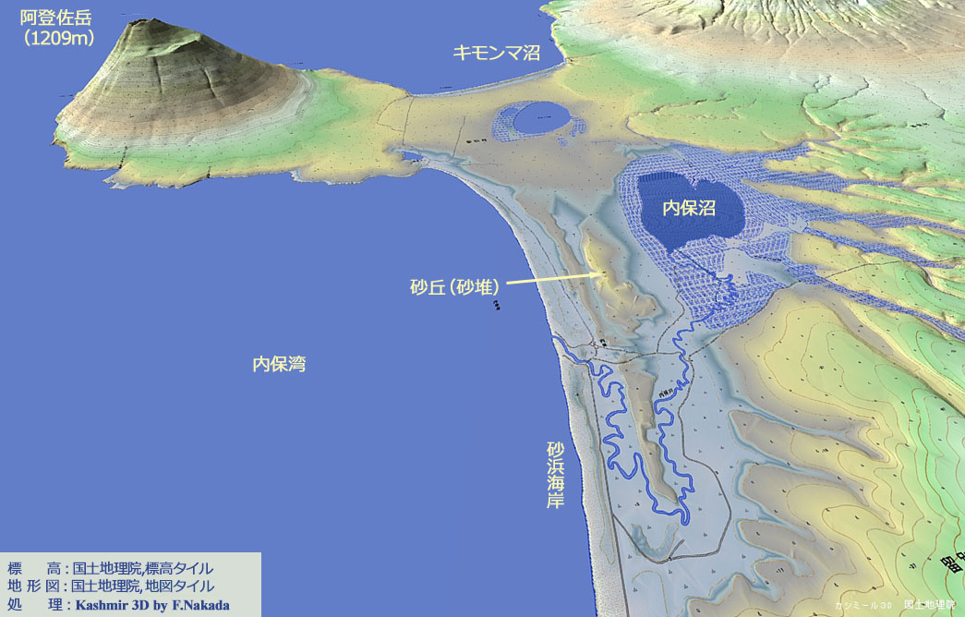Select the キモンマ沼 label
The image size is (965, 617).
496,53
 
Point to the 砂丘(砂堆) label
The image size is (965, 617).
455,286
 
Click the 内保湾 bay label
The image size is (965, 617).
279,365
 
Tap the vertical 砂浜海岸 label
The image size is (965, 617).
555,476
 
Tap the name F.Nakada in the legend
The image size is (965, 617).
203,605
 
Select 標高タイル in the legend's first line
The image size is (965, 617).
179,568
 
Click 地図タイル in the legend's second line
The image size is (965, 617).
179,587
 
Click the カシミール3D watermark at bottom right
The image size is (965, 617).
862,605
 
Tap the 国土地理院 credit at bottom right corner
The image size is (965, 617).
930,605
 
